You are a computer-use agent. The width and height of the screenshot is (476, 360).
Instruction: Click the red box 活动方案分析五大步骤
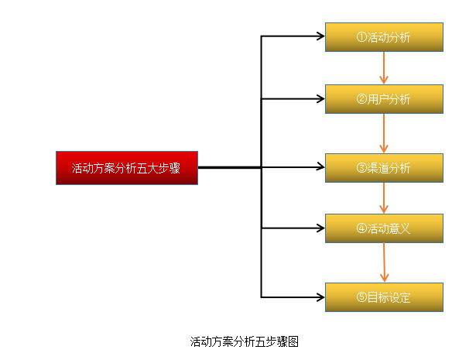click(x=127, y=168)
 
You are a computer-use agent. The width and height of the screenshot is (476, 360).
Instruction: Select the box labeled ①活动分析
click(x=384, y=37)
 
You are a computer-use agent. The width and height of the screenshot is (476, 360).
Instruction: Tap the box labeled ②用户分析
click(x=384, y=99)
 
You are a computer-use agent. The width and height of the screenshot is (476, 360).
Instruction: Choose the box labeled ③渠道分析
click(x=384, y=168)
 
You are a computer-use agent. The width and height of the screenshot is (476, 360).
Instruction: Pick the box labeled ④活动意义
click(x=384, y=228)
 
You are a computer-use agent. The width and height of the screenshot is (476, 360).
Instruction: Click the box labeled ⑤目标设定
click(x=384, y=297)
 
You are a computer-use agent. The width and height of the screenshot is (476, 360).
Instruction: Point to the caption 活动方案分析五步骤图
click(x=244, y=341)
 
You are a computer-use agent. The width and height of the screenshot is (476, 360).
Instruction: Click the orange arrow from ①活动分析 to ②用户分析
click(x=384, y=68)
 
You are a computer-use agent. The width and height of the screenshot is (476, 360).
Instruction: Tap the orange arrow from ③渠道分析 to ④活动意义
click(x=384, y=198)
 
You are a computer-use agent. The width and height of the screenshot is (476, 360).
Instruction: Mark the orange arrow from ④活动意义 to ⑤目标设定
click(x=384, y=263)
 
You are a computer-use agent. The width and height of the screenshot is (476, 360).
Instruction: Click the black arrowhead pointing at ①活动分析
click(x=320, y=36)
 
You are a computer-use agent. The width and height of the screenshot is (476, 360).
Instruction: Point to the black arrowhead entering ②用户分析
click(x=320, y=99)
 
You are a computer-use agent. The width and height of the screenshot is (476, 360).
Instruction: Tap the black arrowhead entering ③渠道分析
click(x=320, y=167)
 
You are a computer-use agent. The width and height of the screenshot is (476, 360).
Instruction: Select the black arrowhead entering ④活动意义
click(x=320, y=228)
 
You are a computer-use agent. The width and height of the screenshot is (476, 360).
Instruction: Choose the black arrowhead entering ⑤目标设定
click(x=320, y=297)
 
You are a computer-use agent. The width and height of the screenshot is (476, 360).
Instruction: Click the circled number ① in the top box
click(x=361, y=37)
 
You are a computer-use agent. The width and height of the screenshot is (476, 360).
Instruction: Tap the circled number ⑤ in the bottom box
click(x=361, y=297)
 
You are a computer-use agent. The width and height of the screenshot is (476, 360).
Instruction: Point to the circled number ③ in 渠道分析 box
click(x=361, y=168)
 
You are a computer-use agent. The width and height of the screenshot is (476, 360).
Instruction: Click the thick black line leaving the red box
click(x=229, y=167)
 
